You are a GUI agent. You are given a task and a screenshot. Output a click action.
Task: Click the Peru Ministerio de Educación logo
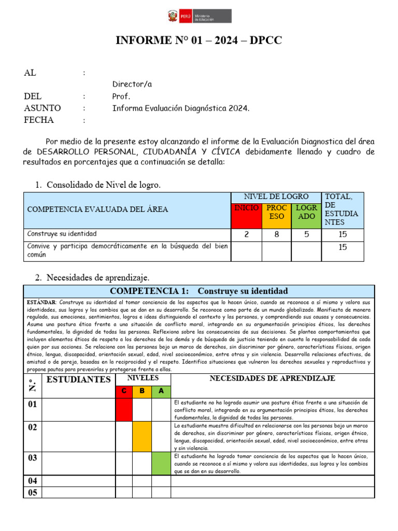[198, 17]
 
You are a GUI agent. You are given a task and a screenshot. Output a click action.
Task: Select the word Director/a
[132, 84]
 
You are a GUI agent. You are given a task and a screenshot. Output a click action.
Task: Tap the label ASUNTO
[42, 108]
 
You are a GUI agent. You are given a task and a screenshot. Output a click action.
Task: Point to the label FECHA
[39, 120]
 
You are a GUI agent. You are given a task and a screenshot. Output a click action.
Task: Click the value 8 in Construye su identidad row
[277, 234]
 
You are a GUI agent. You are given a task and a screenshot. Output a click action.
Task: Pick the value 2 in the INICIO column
[246, 234]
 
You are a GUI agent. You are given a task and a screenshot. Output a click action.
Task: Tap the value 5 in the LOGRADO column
[306, 234]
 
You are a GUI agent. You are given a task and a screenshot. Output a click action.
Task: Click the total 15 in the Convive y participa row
[343, 248]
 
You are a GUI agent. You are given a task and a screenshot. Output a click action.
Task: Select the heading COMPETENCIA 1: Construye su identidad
[198, 291]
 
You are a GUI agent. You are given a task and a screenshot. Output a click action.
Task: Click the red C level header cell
[124, 391]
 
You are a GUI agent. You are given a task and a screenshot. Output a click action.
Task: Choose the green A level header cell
[161, 391]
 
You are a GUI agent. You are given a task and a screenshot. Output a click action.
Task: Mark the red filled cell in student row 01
[124, 410]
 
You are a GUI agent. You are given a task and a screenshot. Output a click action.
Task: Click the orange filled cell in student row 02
[142, 437]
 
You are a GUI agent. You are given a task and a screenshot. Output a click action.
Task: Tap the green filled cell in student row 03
[161, 464]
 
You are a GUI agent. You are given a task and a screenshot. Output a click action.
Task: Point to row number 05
[32, 493]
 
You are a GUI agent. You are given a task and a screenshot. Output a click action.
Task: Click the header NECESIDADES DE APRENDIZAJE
[272, 379]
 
